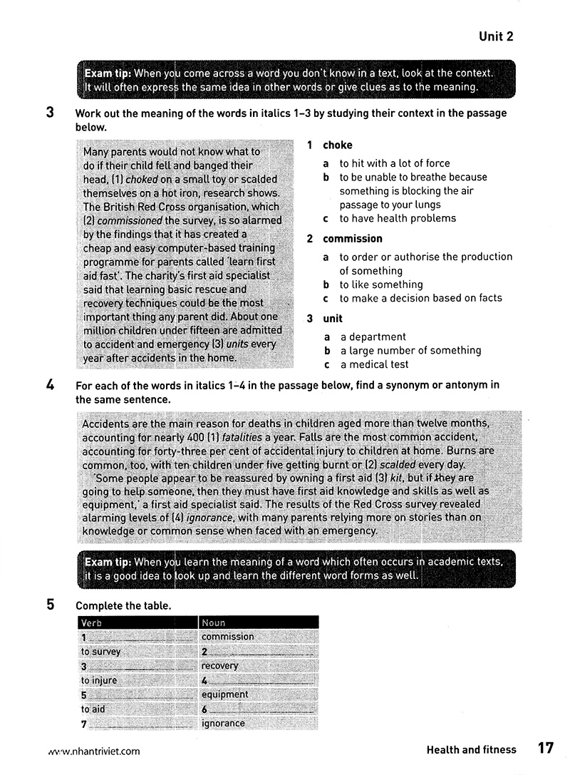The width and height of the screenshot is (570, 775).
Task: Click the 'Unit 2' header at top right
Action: pos(496,36)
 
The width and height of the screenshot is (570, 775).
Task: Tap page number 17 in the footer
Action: pos(545,749)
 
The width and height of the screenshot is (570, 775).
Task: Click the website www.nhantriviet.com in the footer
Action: pos(93,751)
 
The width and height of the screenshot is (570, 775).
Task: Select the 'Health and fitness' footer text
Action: pos(471,749)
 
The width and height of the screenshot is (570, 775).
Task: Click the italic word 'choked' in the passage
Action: pos(141,179)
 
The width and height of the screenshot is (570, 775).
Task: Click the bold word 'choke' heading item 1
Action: pos(337,145)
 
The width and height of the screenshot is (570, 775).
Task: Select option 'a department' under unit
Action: pos(373,337)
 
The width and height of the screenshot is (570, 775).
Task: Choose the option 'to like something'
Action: pos(381,284)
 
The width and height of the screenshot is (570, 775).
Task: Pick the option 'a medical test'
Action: pos(374,364)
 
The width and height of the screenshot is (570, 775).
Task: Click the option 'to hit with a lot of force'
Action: pos(395,163)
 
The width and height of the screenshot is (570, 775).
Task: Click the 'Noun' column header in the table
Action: pos(214,622)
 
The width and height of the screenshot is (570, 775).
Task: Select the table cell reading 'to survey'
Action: pos(100,652)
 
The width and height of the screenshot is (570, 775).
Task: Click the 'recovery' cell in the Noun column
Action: pos(219,666)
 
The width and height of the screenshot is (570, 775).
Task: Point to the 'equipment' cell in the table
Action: pos(224,694)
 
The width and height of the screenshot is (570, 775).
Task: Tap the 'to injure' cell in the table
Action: pos(98,680)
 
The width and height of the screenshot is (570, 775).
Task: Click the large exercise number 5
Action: pos(51,605)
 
